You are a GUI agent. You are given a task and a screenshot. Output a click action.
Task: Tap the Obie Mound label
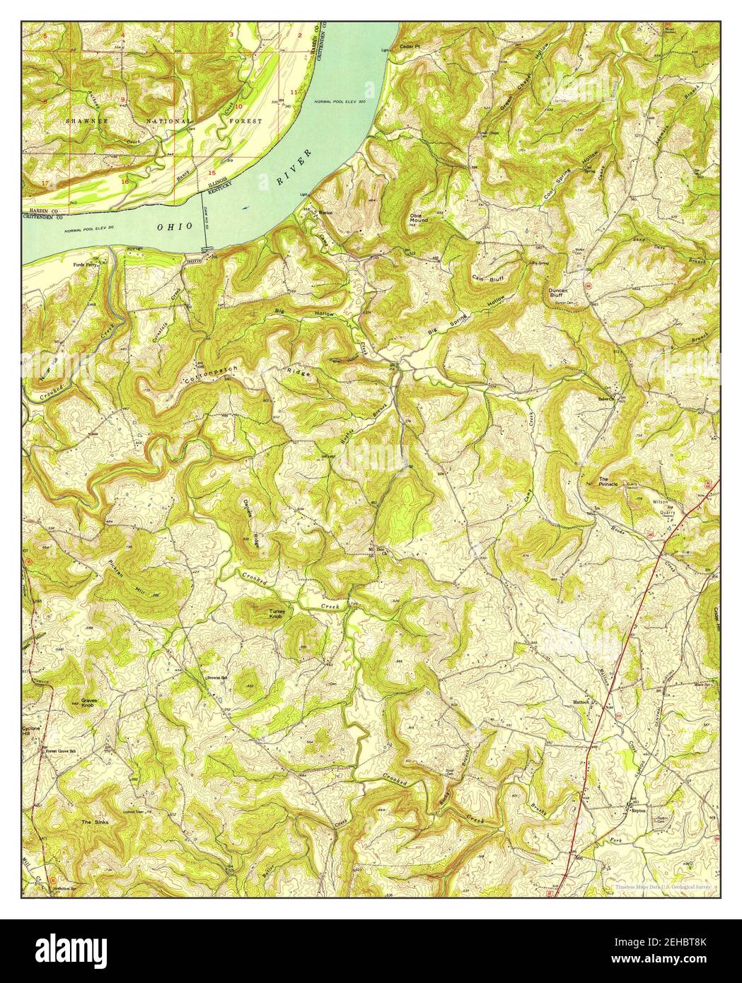[x=419, y=216]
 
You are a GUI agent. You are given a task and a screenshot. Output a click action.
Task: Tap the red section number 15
[x=211, y=173]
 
